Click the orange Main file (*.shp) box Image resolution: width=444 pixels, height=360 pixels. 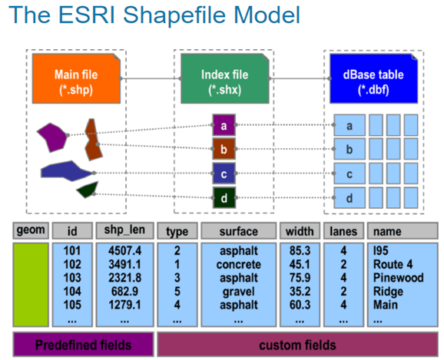pyautogui.click(x=76, y=81)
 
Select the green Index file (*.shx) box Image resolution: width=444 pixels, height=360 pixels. pyautogui.click(x=224, y=81)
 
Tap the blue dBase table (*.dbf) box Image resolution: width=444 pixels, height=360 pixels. pyautogui.click(x=373, y=81)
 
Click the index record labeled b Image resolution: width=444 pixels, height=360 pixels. pyautogui.click(x=224, y=149)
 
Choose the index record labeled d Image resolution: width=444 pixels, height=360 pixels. pyautogui.click(x=224, y=199)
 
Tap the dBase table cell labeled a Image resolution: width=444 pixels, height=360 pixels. pyautogui.click(x=350, y=125)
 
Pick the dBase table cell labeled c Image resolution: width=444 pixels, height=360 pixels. pyautogui.click(x=350, y=174)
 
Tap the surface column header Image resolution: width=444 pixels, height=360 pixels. pyautogui.click(x=237, y=230)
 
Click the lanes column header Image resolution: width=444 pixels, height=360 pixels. pyautogui.click(x=342, y=230)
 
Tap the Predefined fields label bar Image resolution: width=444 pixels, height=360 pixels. pyautogui.click(x=83, y=344)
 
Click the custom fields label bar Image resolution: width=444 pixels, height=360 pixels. pyautogui.click(x=297, y=344)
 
